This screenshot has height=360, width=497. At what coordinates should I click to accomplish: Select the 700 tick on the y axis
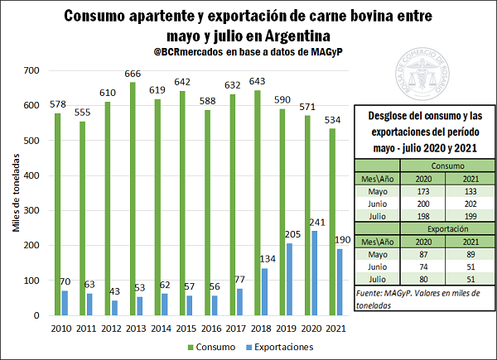coord(31,71)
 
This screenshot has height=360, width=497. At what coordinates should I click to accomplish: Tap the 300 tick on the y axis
coord(31,211)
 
